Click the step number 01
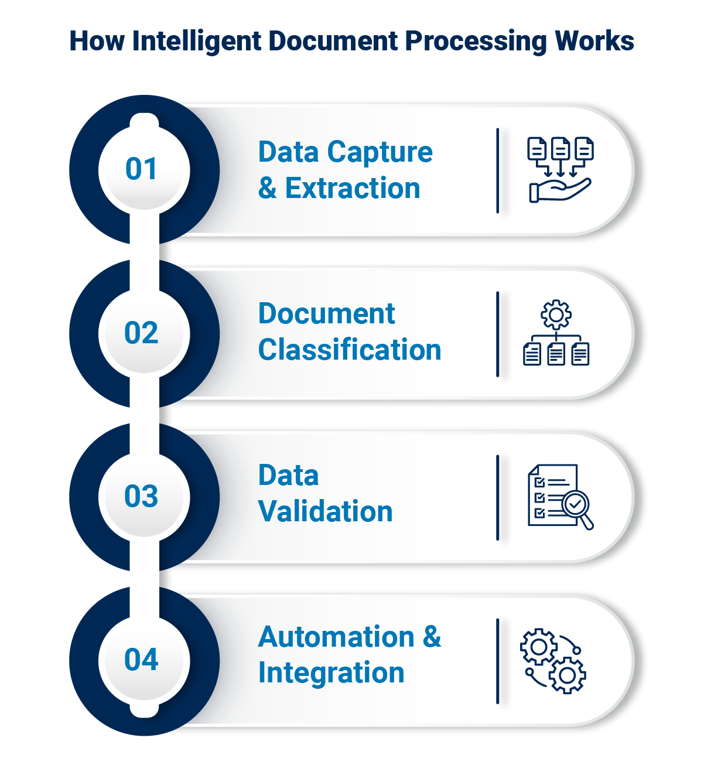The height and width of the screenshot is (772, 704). pos(141,169)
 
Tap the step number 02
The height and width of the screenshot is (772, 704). pos(141,333)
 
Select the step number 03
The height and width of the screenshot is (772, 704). pos(141,497)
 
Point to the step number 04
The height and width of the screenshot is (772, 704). pos(141,660)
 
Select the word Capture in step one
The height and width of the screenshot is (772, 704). pos(380,152)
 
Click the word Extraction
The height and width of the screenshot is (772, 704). pos(353,189)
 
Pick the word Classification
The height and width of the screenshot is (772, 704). pos(350,350)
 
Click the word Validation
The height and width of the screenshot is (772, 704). pos(326,511)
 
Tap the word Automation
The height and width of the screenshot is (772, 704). pos(336,637)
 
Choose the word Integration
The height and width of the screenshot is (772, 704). pos(332,673)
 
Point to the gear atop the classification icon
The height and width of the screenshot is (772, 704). pos(556,315)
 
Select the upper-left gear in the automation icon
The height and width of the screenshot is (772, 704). pos(538,647)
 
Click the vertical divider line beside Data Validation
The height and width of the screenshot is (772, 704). pos(497,497)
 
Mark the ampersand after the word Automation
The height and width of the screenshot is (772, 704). pos(432,637)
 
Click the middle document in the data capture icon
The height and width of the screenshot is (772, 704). pos(561,150)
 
